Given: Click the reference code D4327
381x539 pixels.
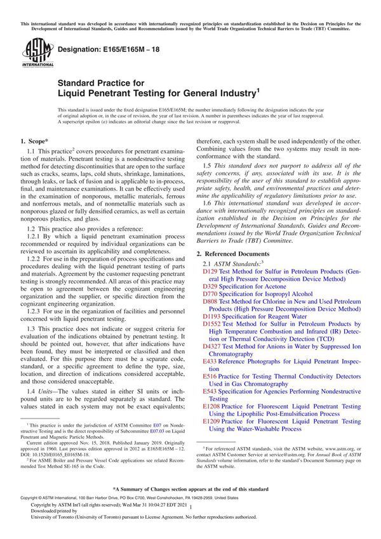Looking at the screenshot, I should coord(211,347).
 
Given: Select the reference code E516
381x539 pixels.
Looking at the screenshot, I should coord(210,376).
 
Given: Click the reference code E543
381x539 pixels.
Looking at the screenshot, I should coord(210,391).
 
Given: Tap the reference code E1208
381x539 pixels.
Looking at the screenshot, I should coord(211,406).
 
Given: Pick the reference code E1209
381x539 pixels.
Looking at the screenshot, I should coord(211,421).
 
